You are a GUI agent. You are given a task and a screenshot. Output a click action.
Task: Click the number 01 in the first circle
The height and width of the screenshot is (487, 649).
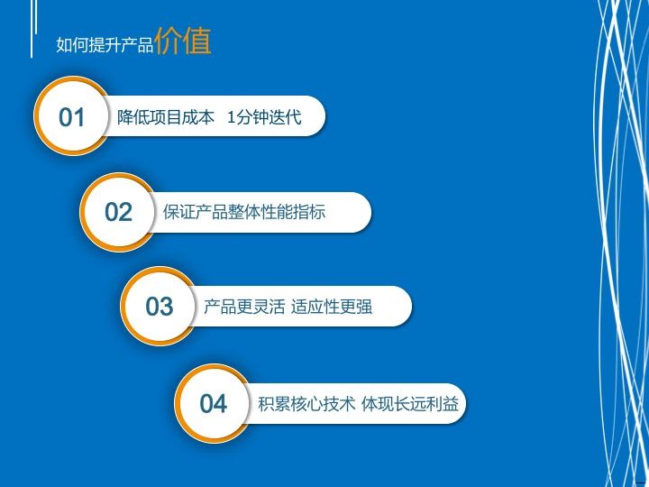(72, 117)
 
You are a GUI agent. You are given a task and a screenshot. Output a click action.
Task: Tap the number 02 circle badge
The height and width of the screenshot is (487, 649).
(119, 213)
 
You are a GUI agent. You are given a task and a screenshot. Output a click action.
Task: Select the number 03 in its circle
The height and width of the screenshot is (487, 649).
(160, 308)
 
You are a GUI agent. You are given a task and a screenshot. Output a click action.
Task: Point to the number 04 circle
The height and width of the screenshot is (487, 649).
(214, 404)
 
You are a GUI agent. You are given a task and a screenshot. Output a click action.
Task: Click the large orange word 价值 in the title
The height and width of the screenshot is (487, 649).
(183, 41)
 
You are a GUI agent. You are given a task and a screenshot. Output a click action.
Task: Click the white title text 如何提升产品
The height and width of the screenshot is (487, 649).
(105, 45)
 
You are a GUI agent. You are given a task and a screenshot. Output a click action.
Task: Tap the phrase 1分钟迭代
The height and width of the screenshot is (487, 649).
(264, 117)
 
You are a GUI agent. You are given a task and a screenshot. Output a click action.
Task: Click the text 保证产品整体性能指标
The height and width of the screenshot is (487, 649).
(244, 213)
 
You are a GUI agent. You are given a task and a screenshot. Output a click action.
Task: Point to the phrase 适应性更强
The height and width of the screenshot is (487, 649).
(332, 308)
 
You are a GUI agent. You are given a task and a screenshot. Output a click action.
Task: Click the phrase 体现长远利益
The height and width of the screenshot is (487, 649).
(410, 404)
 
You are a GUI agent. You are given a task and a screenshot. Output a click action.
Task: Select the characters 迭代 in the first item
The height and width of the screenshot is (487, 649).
(285, 117)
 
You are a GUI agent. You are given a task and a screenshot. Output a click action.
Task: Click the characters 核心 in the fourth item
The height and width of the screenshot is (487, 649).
(306, 404)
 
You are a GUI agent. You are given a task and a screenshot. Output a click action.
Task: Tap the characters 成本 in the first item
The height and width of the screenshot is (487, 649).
(199, 117)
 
